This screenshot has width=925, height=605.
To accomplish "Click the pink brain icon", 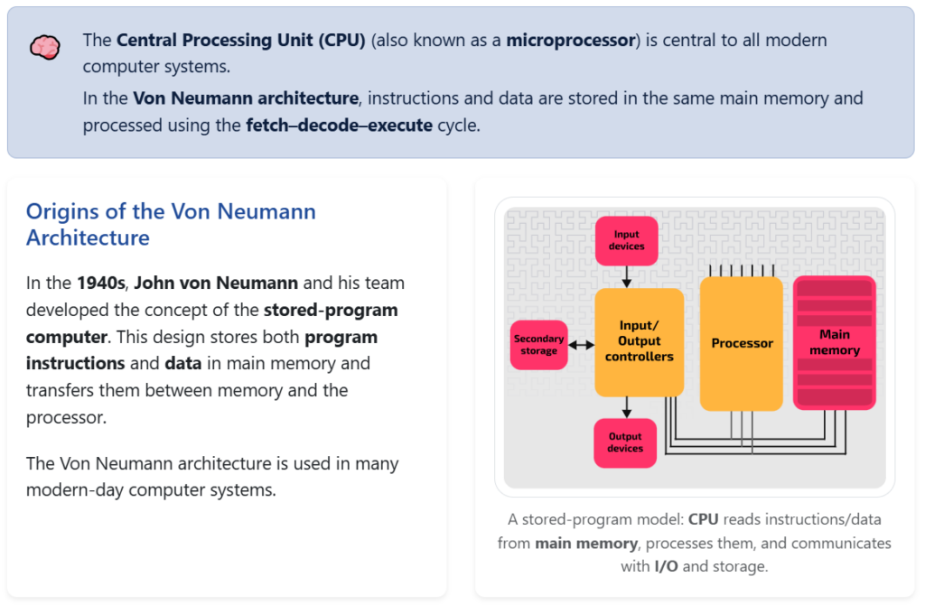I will [x=44, y=46].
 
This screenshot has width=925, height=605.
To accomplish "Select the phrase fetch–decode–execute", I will [x=339, y=126].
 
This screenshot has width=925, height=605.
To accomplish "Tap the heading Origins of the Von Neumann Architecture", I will [x=171, y=225].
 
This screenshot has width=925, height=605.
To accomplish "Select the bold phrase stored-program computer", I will [x=211, y=323].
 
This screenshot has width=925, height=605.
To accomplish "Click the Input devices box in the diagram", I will [x=626, y=240].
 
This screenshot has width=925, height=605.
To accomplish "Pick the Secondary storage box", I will [x=538, y=345].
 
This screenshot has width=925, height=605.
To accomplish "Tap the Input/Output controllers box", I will [x=640, y=342].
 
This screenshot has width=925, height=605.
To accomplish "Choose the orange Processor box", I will [x=742, y=343].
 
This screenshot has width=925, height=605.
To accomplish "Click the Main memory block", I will [x=835, y=343].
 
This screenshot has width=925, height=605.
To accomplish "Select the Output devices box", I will [x=625, y=442].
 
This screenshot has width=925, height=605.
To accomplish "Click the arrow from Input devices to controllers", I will [x=627, y=276].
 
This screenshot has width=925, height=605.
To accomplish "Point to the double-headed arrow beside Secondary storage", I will [x=582, y=345].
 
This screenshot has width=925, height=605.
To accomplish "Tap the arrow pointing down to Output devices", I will [x=627, y=408].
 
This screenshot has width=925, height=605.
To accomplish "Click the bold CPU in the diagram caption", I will [x=706, y=519].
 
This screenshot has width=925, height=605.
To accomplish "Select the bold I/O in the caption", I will [x=664, y=566].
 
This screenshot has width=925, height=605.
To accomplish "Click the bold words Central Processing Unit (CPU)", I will [x=241, y=41].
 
